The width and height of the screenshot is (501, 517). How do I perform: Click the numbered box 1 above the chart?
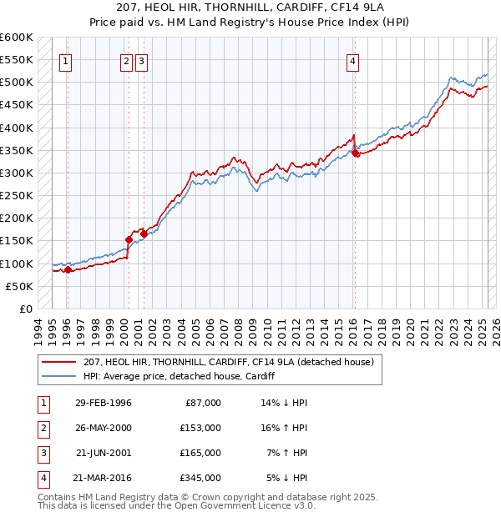click(65, 60)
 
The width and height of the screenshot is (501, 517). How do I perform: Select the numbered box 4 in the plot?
click(353, 60)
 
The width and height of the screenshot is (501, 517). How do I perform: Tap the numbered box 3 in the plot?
click(141, 60)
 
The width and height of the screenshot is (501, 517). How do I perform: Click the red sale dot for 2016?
click(355, 153)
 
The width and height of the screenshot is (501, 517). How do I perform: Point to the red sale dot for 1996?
click(68, 269)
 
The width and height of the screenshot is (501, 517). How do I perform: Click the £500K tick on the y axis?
click(17, 83)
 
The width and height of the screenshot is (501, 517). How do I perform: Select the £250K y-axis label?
click(17, 196)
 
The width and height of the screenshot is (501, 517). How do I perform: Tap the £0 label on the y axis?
click(24, 309)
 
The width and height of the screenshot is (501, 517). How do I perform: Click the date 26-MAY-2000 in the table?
click(103, 428)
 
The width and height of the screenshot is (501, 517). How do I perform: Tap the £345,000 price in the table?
click(200, 478)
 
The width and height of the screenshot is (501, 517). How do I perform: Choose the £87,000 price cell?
click(202, 403)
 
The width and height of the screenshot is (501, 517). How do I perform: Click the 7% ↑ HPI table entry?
click(286, 453)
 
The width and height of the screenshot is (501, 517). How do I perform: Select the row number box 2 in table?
click(41, 428)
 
